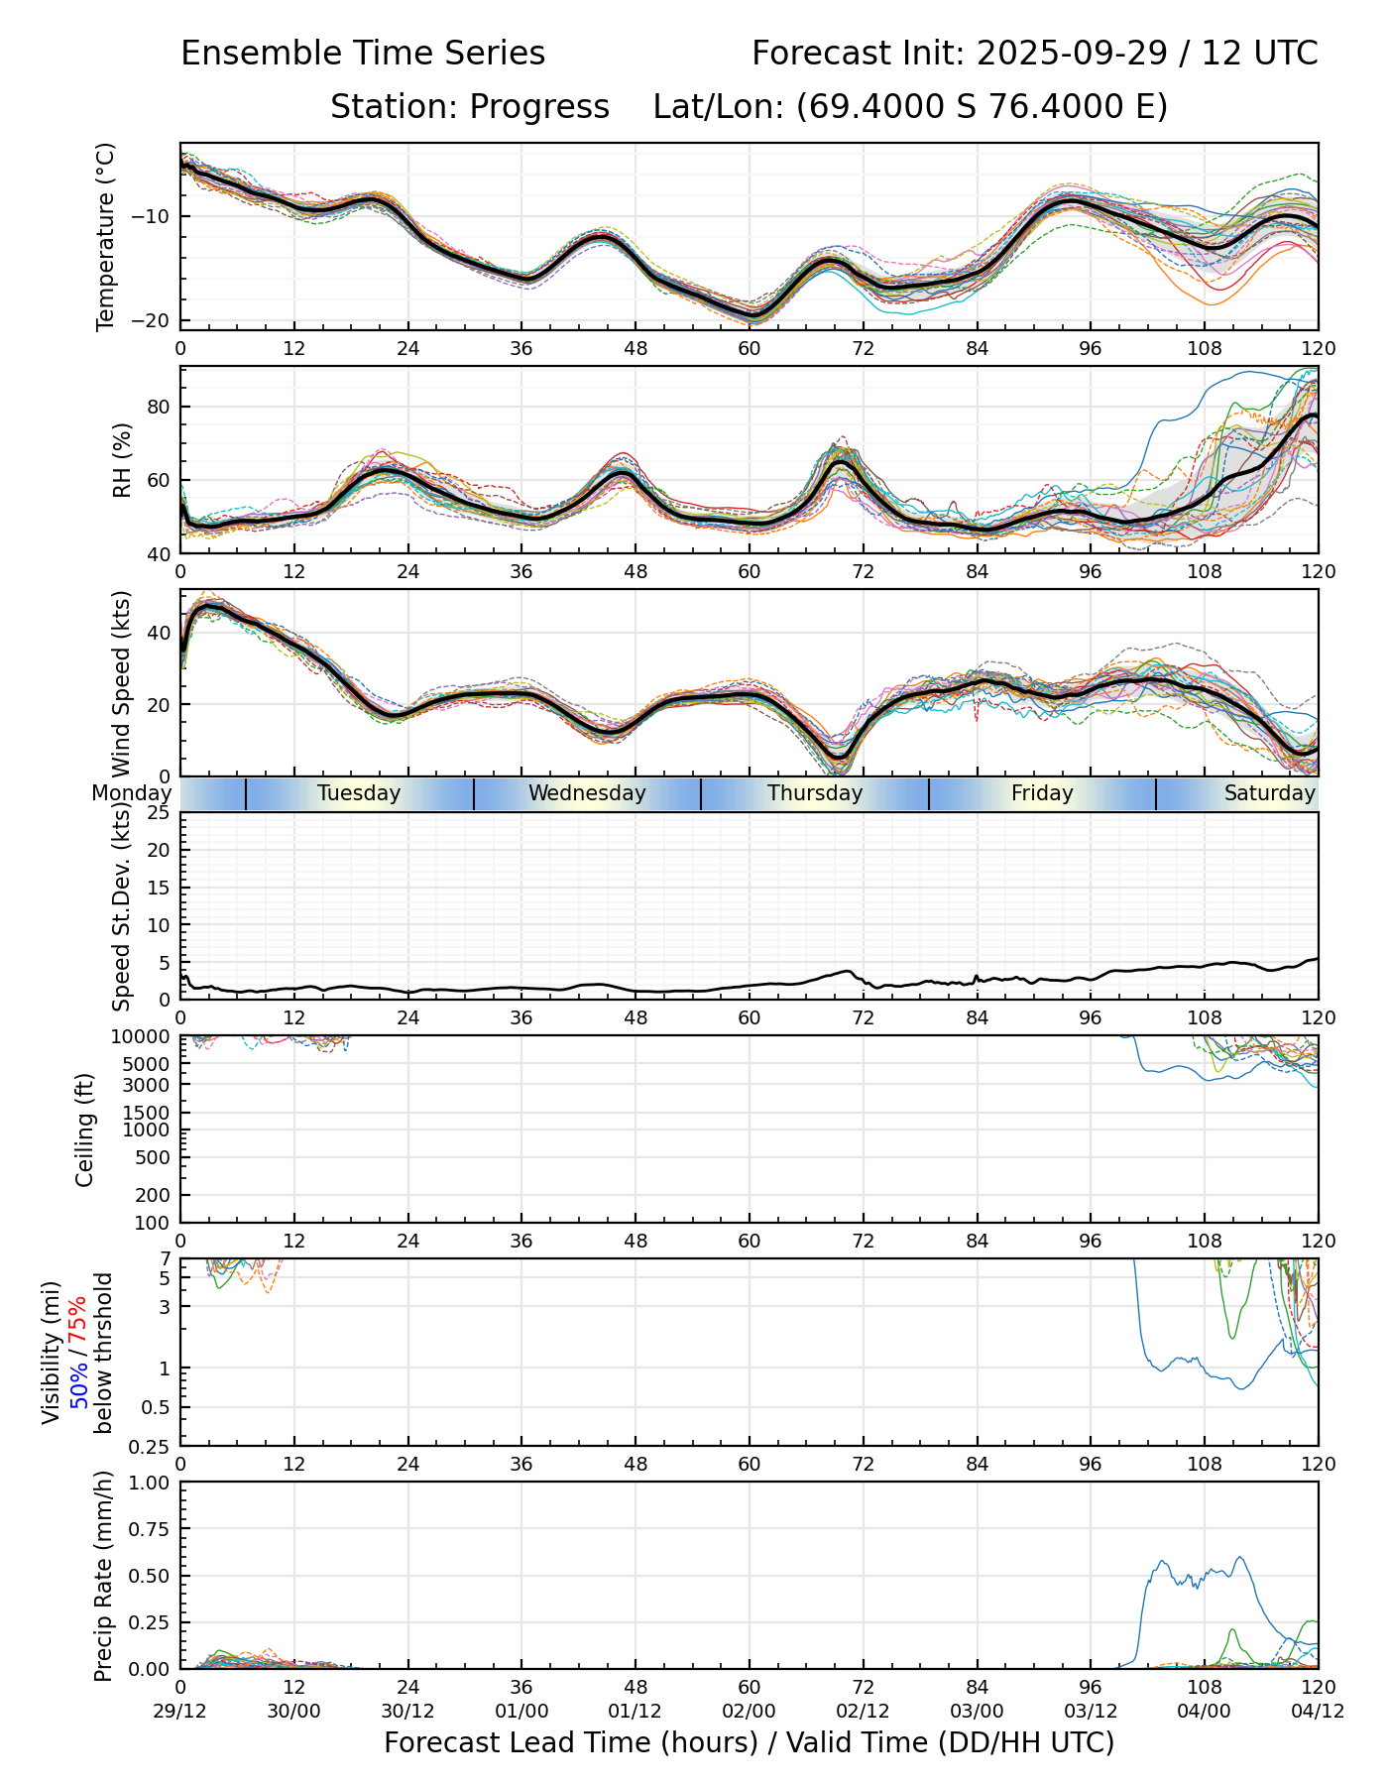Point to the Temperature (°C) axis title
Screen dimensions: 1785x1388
(106, 236)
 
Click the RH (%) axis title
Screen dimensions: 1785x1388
(122, 460)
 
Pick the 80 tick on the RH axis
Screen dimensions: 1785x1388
(160, 407)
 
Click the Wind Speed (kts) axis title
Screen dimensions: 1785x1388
(122, 683)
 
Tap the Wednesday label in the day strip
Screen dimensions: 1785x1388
(587, 793)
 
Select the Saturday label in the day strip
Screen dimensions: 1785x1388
(1269, 793)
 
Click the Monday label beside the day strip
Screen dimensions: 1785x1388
(131, 793)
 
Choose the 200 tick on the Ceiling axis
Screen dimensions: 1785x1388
(154, 1195)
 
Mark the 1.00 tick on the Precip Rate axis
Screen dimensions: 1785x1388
(154, 1483)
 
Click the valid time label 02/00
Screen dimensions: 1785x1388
(750, 1712)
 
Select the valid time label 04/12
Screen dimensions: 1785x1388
(1318, 1712)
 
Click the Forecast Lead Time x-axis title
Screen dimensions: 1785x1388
(750, 1742)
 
